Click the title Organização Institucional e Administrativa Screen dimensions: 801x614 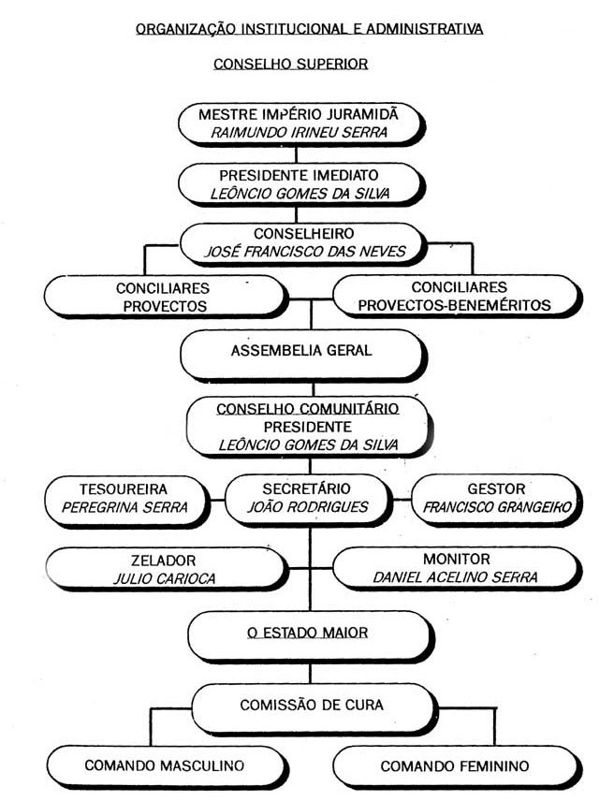310,29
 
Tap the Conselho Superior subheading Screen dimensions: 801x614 291,65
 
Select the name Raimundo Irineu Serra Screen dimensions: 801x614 299,132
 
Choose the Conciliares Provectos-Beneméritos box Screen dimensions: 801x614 456,296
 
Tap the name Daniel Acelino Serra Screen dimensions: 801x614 456,578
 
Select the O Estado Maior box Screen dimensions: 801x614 308,634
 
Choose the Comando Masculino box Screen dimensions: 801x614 164,765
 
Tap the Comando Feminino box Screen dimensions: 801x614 455,765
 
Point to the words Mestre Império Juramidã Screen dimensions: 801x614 299,113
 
